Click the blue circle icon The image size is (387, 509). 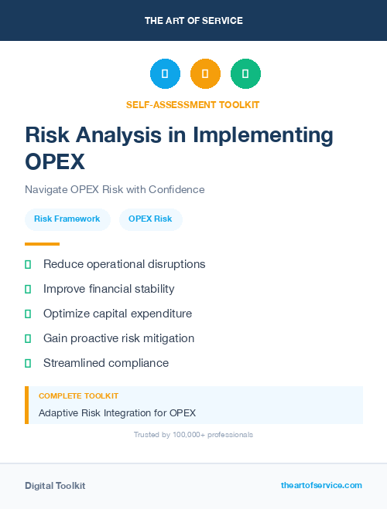pos(165,74)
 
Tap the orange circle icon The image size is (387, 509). pos(205,74)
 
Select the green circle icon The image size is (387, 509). pos(245,74)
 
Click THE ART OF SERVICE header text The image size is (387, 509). pos(193,21)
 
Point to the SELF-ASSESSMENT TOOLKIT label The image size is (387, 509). pos(193,104)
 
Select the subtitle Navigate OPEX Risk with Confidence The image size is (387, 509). pos(115,189)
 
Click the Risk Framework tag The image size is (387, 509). pos(67,219)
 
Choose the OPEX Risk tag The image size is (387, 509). pos(150,219)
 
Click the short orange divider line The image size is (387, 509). pos(37,244)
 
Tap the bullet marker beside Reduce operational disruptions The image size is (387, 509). pos(28,264)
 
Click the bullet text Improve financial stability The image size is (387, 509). pos(108,289)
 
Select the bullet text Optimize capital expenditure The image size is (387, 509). pos(118,314)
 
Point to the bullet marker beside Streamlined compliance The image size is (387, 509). pos(28,363)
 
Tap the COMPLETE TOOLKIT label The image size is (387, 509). pos(78,395)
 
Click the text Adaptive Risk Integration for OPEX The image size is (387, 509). pos(117,412)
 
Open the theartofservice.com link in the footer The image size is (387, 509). pos(321,485)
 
